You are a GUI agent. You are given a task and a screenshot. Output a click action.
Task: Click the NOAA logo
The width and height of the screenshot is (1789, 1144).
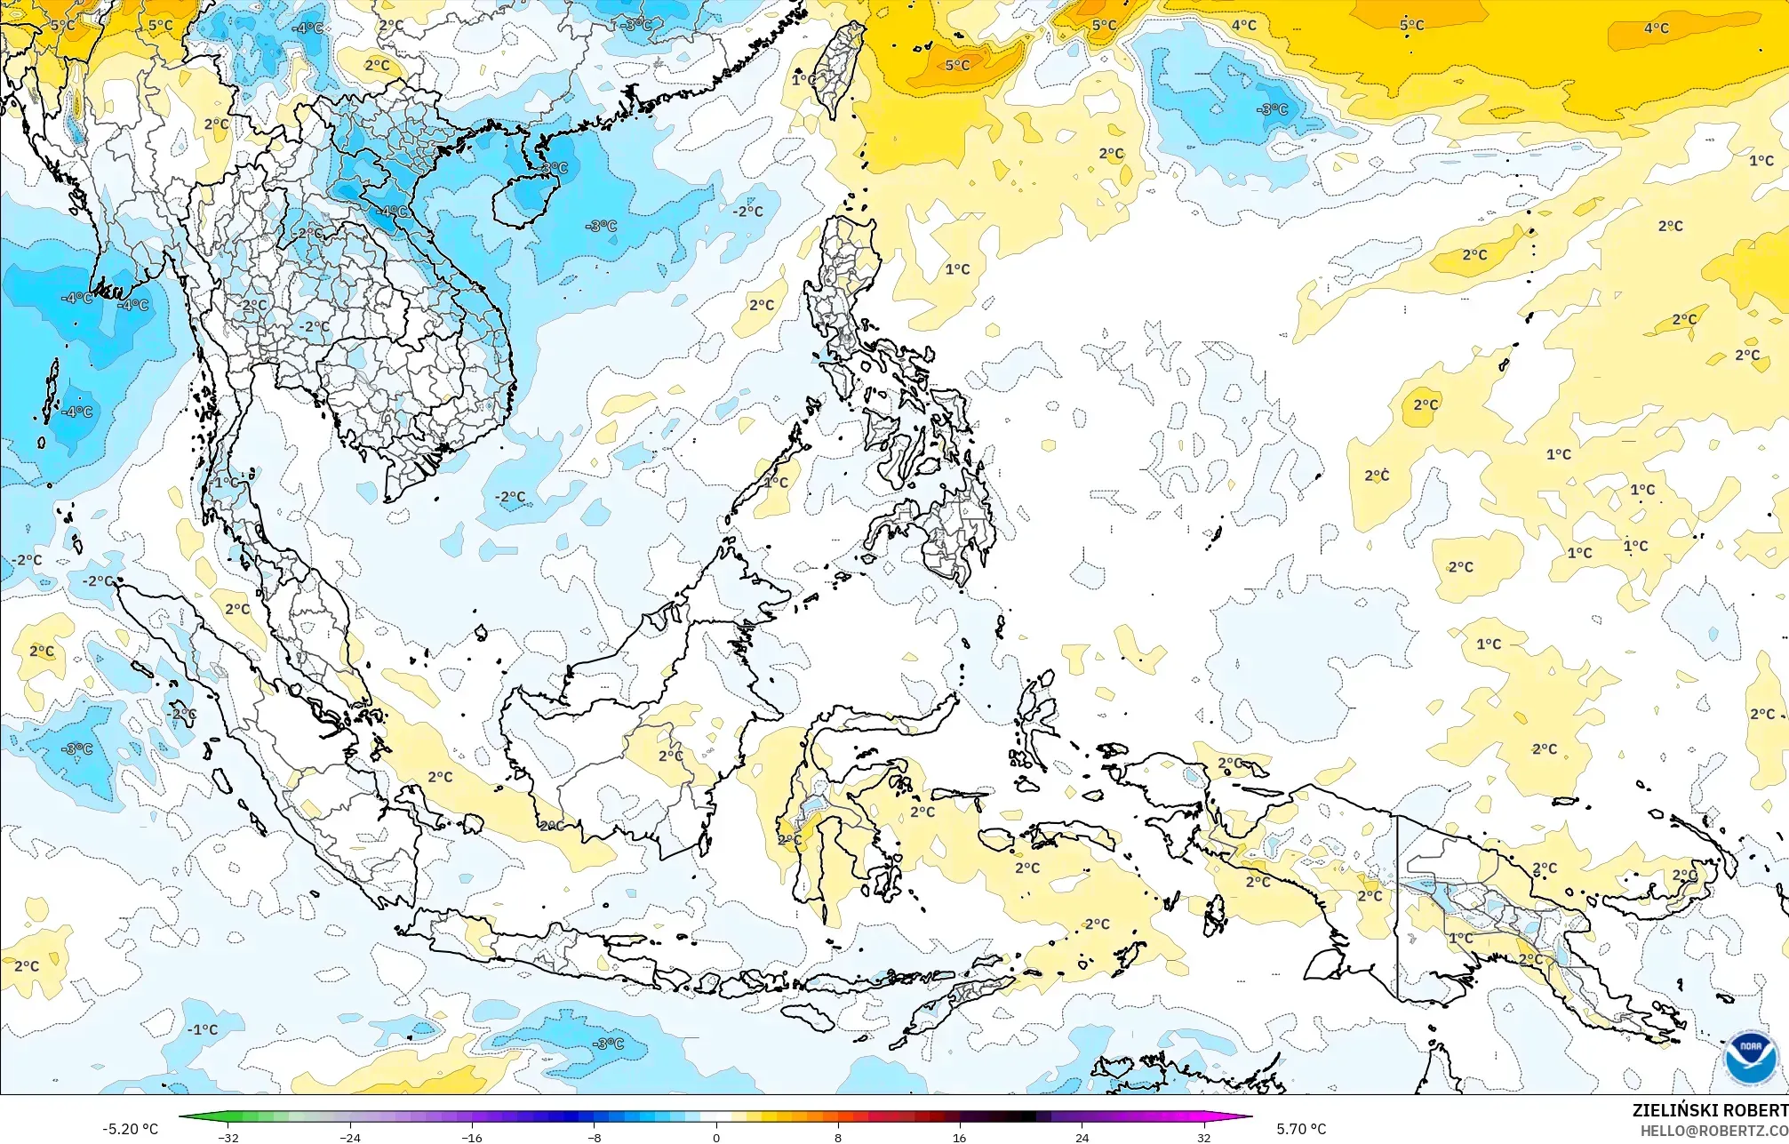(x=1750, y=1059)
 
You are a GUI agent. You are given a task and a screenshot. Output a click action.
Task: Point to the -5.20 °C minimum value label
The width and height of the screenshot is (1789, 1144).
(x=130, y=1129)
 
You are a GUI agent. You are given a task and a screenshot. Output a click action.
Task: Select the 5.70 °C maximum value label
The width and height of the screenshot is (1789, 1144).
(x=1301, y=1129)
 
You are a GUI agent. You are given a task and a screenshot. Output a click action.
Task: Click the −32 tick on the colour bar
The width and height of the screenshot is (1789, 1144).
(x=228, y=1137)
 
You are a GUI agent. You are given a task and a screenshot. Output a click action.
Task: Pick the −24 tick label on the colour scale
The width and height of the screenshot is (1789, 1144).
(x=351, y=1137)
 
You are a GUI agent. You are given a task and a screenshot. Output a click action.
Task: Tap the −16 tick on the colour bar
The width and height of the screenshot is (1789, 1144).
(x=473, y=1137)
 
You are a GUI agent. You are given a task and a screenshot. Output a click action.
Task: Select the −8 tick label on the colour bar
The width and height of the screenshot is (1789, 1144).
(x=595, y=1137)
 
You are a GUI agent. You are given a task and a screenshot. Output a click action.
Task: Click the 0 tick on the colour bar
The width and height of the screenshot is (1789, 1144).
(x=716, y=1137)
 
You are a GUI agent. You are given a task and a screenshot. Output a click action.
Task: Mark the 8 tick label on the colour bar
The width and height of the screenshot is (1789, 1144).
(x=838, y=1137)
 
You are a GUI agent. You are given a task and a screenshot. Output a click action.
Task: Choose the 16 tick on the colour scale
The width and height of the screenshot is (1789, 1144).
(x=960, y=1137)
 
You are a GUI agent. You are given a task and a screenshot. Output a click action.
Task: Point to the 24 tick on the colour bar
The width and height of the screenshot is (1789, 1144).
(x=1082, y=1137)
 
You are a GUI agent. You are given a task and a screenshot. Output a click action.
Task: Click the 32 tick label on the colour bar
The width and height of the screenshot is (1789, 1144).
(x=1203, y=1137)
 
